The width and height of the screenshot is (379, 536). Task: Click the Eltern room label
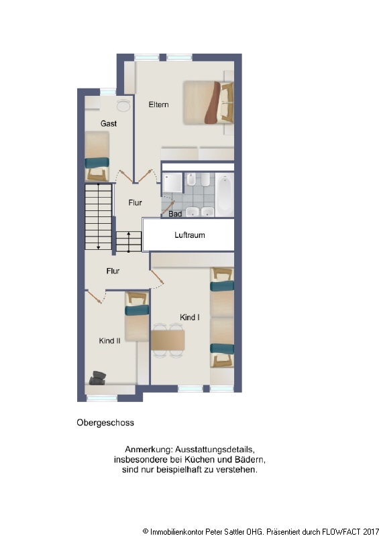pyautogui.click(x=158, y=105)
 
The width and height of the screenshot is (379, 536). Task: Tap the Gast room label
pyautogui.click(x=109, y=123)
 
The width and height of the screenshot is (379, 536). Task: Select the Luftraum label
pyautogui.click(x=190, y=235)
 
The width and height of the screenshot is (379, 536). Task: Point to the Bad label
pyautogui.click(x=175, y=214)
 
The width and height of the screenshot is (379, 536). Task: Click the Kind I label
pyautogui.click(x=190, y=317)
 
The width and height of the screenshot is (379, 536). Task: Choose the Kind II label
pyautogui.click(x=109, y=341)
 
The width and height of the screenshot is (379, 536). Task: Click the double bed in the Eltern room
pyautogui.click(x=208, y=103)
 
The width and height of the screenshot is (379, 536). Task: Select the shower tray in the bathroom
pyautogui.click(x=172, y=183)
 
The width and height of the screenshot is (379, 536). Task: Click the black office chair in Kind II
pyautogui.click(x=97, y=378)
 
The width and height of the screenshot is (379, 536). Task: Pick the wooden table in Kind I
pyautogui.click(x=168, y=340)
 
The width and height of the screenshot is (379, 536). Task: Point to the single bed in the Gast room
pyautogui.click(x=97, y=156)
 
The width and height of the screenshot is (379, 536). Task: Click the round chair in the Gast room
pyautogui.click(x=123, y=105)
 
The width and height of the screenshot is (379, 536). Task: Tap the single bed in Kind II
pyautogui.click(x=137, y=316)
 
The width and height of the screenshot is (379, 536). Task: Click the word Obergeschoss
pyautogui.click(x=105, y=423)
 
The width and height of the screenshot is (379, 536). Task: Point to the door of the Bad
pyautogui.click(x=168, y=208)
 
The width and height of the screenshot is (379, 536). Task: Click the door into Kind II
pyautogui.click(x=94, y=297)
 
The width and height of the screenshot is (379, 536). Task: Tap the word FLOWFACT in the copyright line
pyautogui.click(x=341, y=531)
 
